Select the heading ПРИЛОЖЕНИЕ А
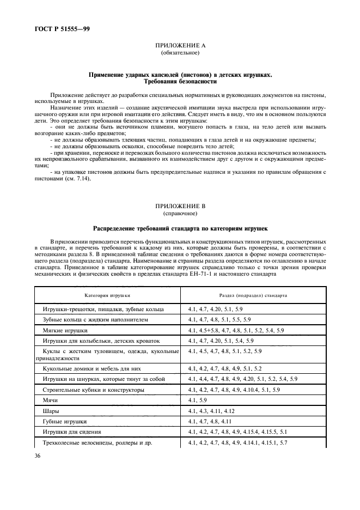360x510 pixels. pyautogui.click(x=180, y=46)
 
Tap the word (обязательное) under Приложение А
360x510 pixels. pyautogui.click(x=180, y=53)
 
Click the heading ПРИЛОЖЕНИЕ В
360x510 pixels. pyautogui.click(x=180, y=207)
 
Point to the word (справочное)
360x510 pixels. pyautogui.click(x=180, y=214)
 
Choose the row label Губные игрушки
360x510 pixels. pyautogui.click(x=65, y=421)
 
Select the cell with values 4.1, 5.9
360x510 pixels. pyautogui.click(x=197, y=400)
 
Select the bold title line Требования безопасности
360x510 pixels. pyautogui.click(x=180, y=81)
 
